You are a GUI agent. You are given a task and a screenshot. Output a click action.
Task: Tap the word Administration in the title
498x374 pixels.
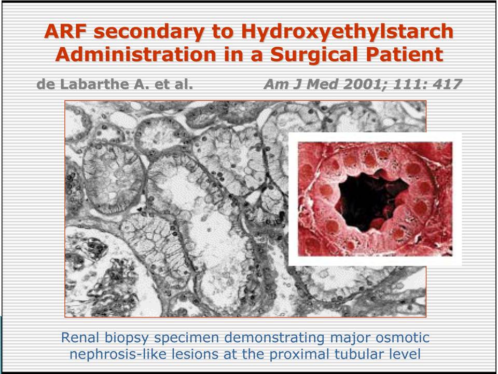pyautogui.click(x=136, y=55)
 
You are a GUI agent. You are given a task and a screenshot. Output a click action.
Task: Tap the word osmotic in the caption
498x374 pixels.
pyautogui.click(x=403, y=338)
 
